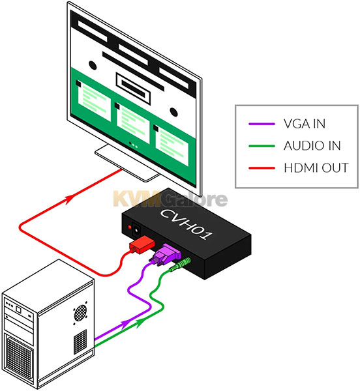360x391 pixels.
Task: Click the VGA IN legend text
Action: tap(305, 124)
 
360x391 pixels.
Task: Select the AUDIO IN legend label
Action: tap(312, 145)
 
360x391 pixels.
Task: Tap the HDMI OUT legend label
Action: tap(316, 168)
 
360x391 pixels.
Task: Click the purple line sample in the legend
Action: tap(262, 124)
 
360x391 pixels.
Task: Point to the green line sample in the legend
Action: tap(262, 146)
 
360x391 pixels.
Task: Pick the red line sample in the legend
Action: tap(262, 168)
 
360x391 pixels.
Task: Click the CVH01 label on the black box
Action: tap(187, 224)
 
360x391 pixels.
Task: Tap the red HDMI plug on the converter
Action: tap(142, 244)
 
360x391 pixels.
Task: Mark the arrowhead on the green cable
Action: tap(140, 323)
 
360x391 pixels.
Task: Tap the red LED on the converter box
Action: tap(130, 227)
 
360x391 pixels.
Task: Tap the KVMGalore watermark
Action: tap(170, 199)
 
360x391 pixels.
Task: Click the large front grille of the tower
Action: tap(19, 356)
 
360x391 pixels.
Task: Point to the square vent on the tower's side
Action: tap(80, 341)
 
